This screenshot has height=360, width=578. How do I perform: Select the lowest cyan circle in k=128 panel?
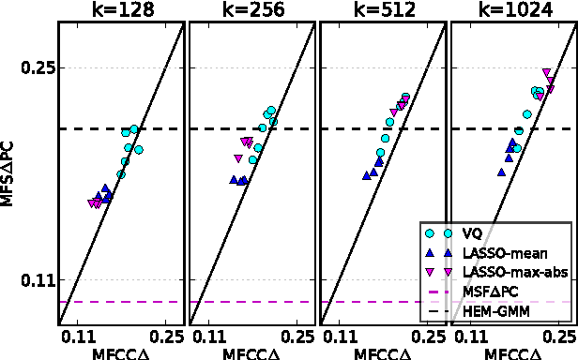pyautogui.click(x=120, y=174)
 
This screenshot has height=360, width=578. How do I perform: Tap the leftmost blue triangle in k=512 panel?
pyautogui.click(x=366, y=174)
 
